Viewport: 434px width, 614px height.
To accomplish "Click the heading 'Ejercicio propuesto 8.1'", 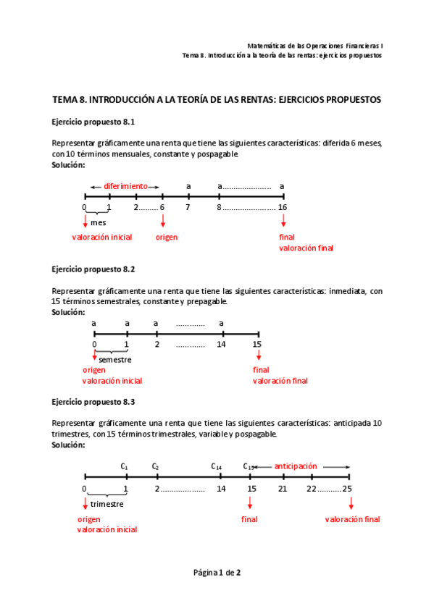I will [93, 122].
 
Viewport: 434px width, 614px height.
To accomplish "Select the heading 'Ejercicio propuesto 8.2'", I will [93, 269].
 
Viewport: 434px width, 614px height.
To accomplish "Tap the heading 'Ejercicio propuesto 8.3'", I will [93, 401].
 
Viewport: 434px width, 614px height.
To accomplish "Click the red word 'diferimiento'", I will [125, 186].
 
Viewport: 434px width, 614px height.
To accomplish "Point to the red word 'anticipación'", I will [296, 466].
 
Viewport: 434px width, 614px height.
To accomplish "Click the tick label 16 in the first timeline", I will [283, 208].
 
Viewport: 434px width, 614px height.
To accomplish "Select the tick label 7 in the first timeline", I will [188, 208].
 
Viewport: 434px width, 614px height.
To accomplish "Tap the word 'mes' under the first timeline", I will [98, 223].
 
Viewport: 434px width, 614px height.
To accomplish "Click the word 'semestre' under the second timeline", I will [114, 360].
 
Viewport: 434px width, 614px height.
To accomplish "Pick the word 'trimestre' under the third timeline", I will [107, 504].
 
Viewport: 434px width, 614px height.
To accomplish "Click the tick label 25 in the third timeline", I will [348, 489].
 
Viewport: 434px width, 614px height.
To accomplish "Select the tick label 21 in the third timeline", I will [283, 489].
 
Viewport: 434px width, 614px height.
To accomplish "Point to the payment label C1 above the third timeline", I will [125, 467].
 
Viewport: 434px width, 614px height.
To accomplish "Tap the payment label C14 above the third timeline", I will [217, 467].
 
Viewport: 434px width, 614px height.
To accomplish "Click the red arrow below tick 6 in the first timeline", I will [162, 219].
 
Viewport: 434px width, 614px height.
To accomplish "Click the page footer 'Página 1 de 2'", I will [217, 573].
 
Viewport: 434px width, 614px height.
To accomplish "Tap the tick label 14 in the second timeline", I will [221, 344].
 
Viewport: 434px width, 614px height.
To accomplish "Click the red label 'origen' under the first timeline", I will [167, 237].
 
